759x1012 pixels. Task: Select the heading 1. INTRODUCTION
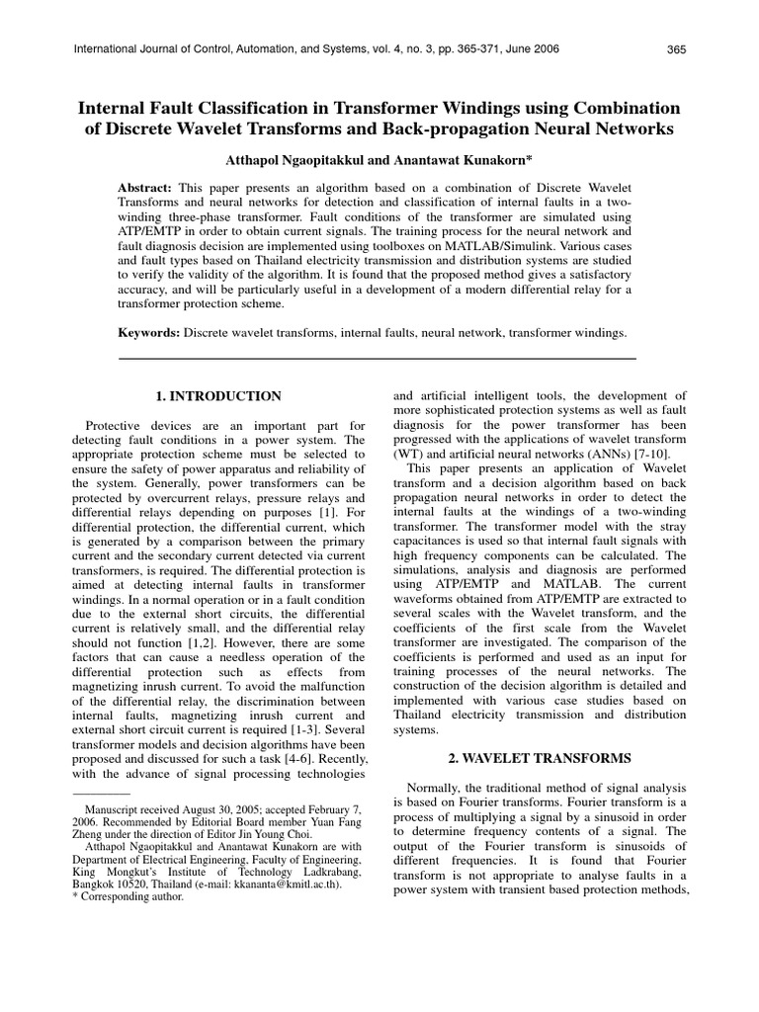tap(218, 396)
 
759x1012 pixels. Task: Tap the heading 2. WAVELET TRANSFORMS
tap(540, 757)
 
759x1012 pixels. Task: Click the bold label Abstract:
tap(145, 188)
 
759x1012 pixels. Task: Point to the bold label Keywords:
tap(149, 335)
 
